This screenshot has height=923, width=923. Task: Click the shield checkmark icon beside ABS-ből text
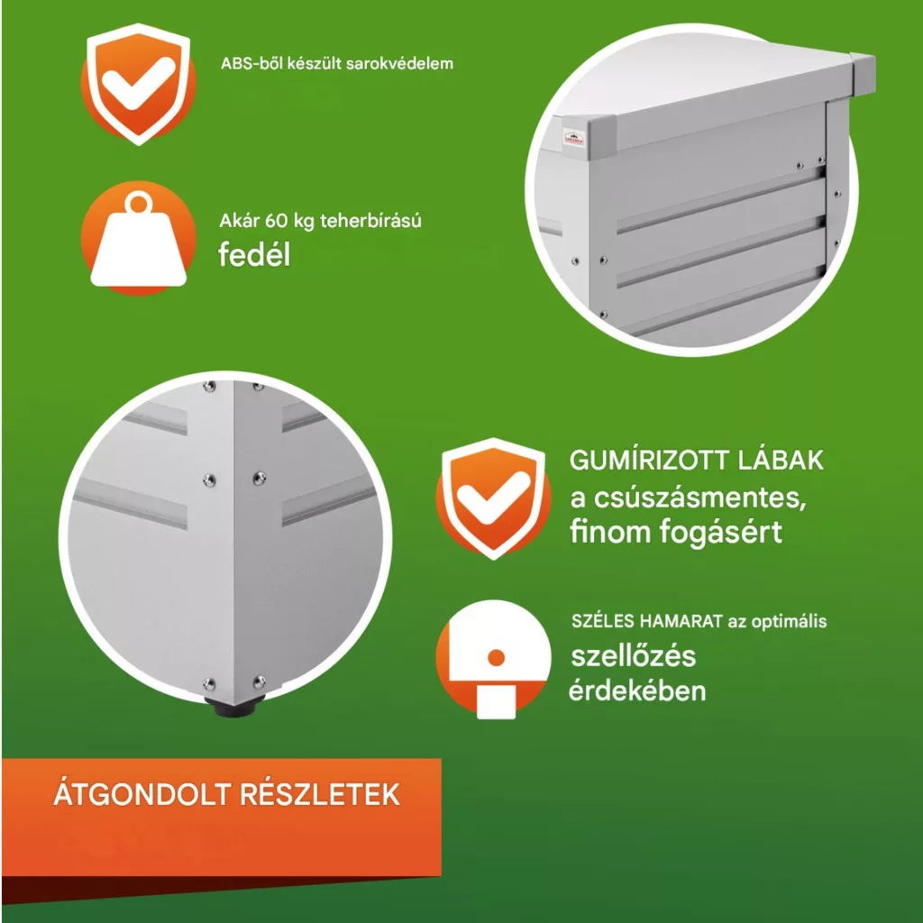pyautogui.click(x=138, y=84)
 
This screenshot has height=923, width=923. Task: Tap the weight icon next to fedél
pyautogui.click(x=138, y=238)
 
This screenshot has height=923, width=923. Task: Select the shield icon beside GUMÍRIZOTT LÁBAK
pyautogui.click(x=493, y=498)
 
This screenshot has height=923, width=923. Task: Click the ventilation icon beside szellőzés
pyautogui.click(x=493, y=659)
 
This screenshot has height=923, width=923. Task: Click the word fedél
pyautogui.click(x=254, y=255)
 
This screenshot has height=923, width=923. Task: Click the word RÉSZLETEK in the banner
pyautogui.click(x=320, y=795)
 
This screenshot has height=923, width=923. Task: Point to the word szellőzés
pyautogui.click(x=634, y=656)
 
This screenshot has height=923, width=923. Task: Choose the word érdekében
pyautogui.click(x=637, y=690)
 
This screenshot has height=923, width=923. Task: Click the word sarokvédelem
pyautogui.click(x=399, y=64)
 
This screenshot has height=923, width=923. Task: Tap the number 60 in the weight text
pyautogui.click(x=276, y=222)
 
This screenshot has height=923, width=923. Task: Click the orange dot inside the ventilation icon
pyautogui.click(x=497, y=658)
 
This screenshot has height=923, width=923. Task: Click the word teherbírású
pyautogui.click(x=370, y=222)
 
